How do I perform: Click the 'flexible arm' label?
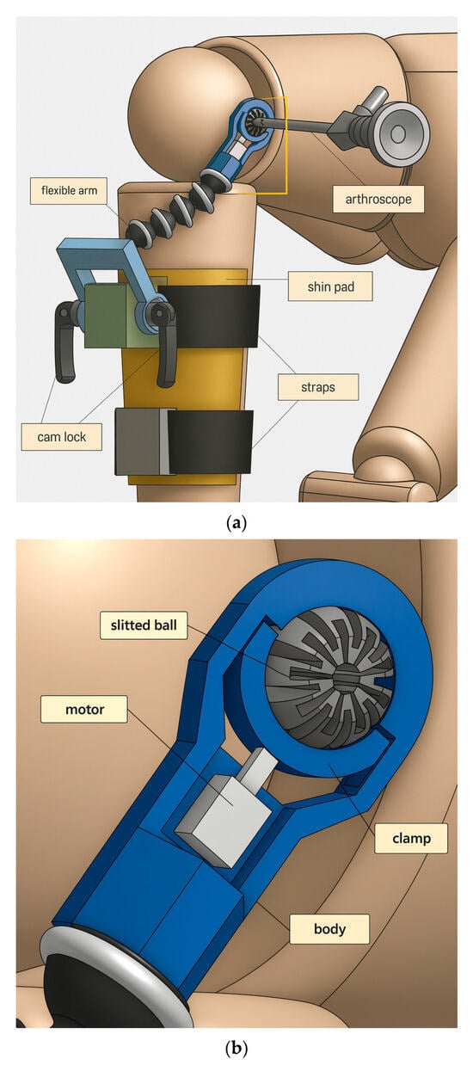click(69, 191)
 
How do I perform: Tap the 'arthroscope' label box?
click(378, 199)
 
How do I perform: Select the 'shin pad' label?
click(330, 286)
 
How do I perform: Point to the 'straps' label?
click(318, 387)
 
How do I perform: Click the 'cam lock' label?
click(61, 436)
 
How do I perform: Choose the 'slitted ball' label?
click(144, 625)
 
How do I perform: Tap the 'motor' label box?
click(84, 710)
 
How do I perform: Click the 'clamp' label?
click(411, 838)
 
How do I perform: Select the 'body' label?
click(329, 928)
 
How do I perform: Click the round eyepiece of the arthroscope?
click(402, 134)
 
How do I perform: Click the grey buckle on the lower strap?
click(142, 441)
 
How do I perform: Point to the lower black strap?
click(210, 443)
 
